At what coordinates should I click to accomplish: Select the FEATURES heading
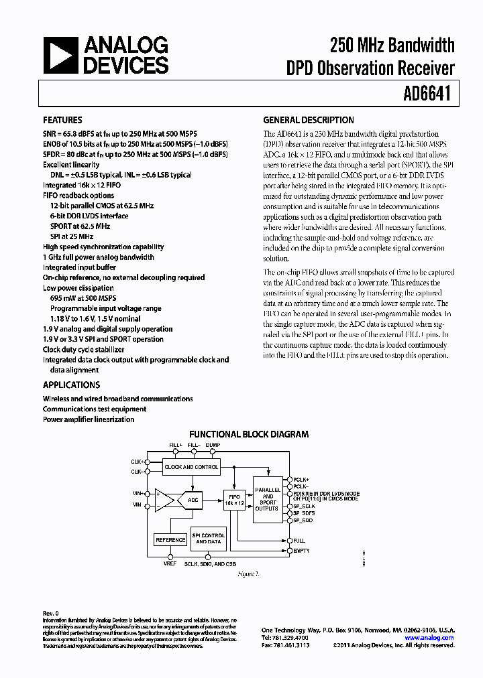(62, 121)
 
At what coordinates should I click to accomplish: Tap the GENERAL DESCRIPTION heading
(308, 121)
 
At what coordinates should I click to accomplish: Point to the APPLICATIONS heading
(71, 385)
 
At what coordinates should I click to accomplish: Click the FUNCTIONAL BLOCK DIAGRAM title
(249, 434)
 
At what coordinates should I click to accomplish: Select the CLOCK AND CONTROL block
(191, 466)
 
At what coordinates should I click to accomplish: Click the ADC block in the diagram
(193, 500)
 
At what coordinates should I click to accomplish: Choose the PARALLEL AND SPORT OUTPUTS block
(268, 498)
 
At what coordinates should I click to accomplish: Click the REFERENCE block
(170, 540)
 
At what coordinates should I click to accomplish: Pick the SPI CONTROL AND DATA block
(208, 538)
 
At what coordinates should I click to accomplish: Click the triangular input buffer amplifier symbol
(164, 499)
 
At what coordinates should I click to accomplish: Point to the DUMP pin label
(213, 445)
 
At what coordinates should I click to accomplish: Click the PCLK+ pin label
(301, 480)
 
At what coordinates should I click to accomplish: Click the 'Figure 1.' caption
(249, 573)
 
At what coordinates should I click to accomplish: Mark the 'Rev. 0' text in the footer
(51, 613)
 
